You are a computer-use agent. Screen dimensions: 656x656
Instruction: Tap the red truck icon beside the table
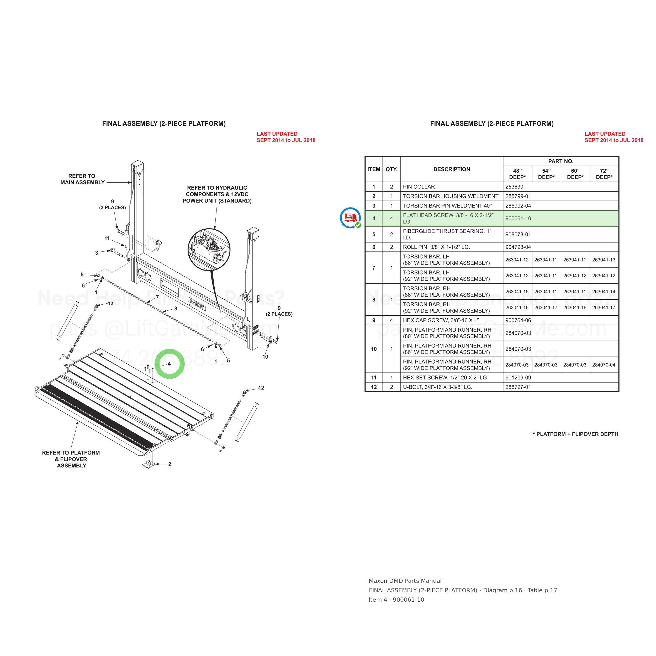point(350,218)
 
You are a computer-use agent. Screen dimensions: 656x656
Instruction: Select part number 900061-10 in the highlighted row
point(518,218)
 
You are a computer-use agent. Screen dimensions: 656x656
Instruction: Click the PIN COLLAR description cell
point(452,187)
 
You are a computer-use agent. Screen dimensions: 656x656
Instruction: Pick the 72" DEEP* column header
point(604,174)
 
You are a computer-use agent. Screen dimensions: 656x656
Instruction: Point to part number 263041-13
point(604,260)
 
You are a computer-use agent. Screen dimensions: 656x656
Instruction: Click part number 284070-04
point(604,365)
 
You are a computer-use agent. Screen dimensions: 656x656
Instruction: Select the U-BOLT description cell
point(452,387)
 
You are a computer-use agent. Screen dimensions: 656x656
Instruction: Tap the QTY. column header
point(392,169)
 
